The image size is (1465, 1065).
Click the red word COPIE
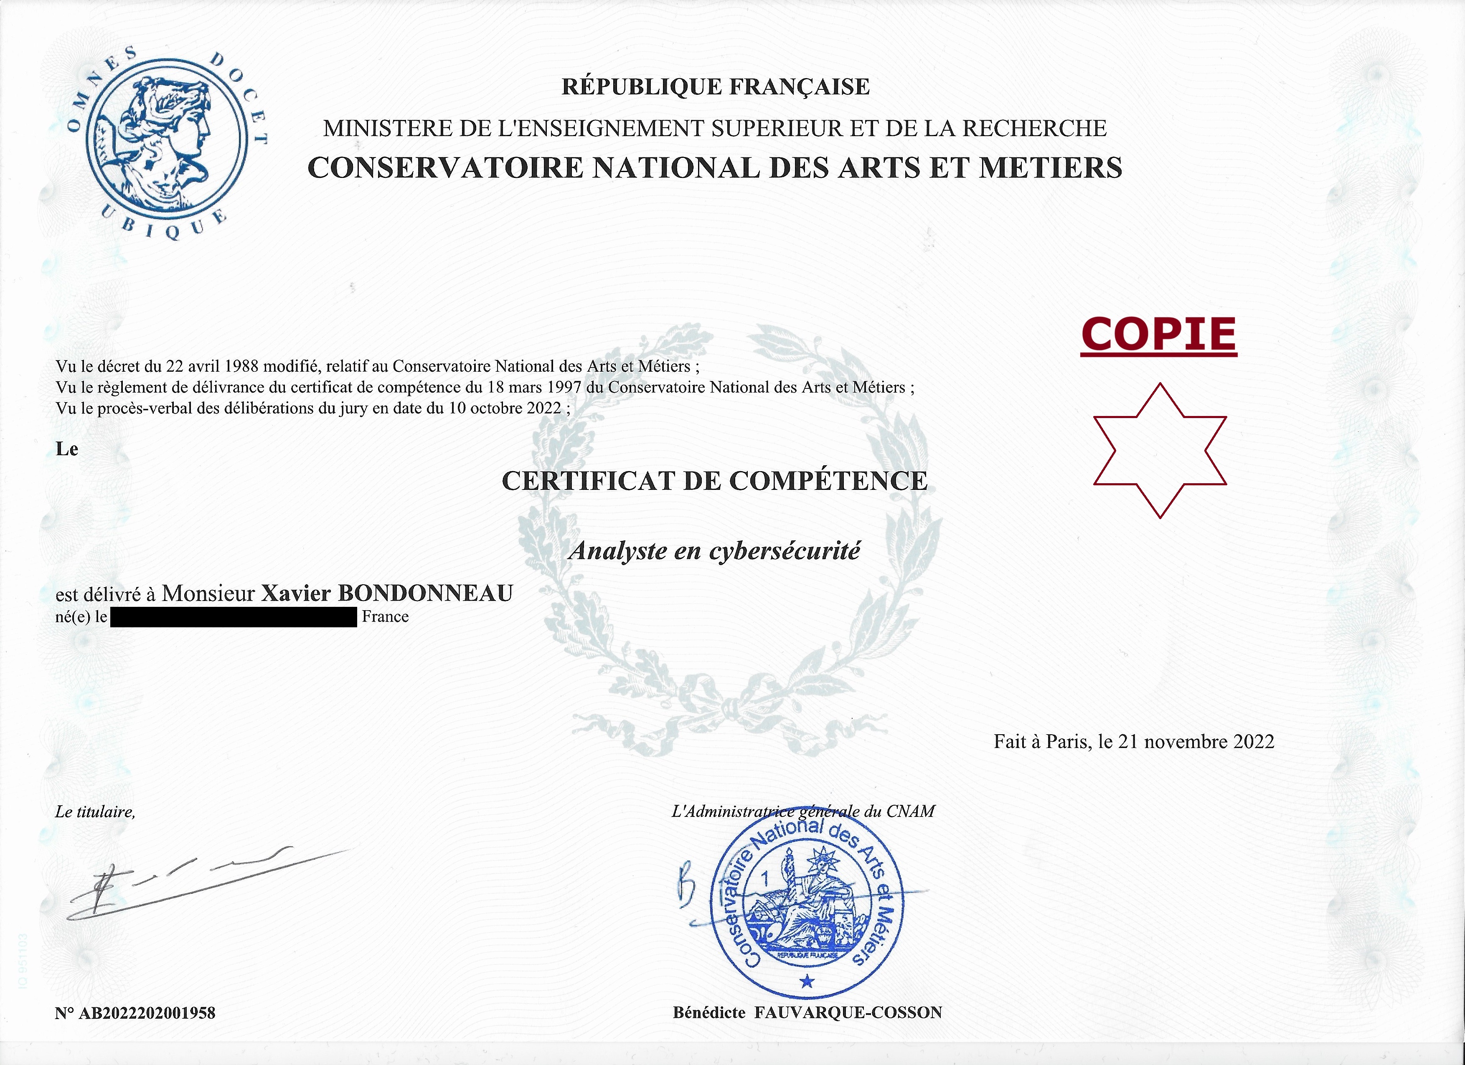point(1159,335)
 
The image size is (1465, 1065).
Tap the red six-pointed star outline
point(1160,451)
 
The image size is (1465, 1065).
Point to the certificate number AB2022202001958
point(147,1013)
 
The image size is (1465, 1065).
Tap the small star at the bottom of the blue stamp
point(807,982)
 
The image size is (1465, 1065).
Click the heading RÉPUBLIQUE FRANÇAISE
point(715,86)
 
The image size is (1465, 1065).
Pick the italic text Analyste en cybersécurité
point(714,551)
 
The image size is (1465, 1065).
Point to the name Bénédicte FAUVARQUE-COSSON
point(807,1013)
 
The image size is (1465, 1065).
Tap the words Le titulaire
point(95,812)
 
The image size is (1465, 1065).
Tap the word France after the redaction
point(385,617)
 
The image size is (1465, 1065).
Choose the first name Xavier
point(296,593)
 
